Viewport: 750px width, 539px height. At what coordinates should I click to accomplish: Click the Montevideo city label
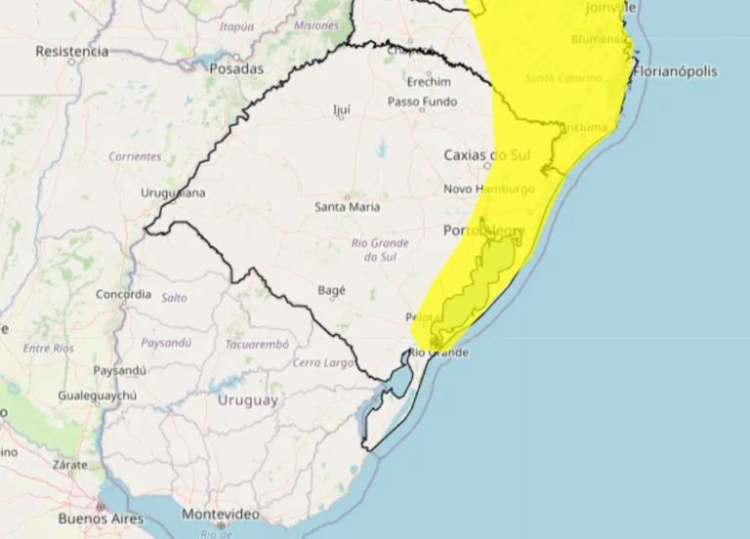[x=221, y=514]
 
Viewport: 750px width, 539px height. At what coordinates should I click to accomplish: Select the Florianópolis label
[x=675, y=71]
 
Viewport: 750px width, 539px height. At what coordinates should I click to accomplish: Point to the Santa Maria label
[x=348, y=207]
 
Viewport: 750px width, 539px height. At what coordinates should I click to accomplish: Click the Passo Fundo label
[x=422, y=102]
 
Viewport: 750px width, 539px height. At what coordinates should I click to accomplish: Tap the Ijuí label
[x=342, y=109]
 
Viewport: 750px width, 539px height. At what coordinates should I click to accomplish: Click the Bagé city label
[x=332, y=290]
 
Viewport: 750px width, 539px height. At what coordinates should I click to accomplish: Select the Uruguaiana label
[x=173, y=193]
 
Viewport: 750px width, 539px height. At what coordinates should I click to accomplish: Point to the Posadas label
[x=236, y=69]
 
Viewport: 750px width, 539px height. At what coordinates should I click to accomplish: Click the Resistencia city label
[x=71, y=52]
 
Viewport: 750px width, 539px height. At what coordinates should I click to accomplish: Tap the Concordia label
[x=123, y=294]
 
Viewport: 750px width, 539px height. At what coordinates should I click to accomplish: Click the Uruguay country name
[x=247, y=400]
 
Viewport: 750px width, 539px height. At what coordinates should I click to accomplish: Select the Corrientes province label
[x=135, y=156]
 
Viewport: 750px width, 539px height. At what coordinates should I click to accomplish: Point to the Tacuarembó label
[x=257, y=344]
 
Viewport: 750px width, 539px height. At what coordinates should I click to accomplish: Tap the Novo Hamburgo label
[x=489, y=189]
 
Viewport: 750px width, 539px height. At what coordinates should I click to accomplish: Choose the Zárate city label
[x=71, y=466]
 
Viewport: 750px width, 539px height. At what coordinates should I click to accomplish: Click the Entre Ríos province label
[x=48, y=348]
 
